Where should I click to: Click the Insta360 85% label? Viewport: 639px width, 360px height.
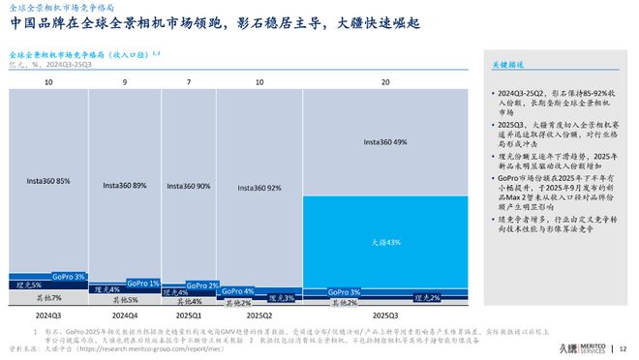[48, 180]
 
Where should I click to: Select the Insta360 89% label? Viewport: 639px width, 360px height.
[126, 185]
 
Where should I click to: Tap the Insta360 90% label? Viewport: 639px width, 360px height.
[189, 186]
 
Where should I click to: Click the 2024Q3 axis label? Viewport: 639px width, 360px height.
[48, 315]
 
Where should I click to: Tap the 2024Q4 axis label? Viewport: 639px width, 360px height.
[126, 315]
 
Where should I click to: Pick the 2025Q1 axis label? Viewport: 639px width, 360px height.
[189, 315]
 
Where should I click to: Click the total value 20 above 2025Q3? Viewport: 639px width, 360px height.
[385, 83]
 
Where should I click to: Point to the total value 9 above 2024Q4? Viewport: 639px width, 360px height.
[126, 83]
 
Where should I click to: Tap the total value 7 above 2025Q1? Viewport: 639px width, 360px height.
[189, 83]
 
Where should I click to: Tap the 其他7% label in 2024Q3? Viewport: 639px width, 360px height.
[48, 298]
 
